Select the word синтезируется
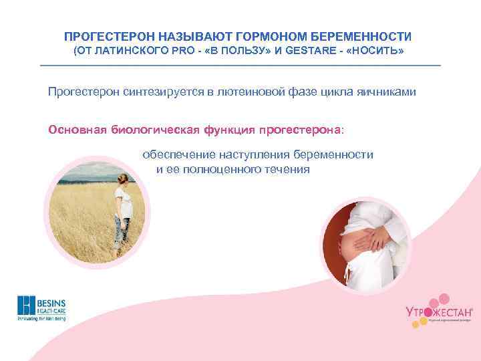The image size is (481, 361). pos(162,92)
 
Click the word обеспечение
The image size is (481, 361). pos(176,154)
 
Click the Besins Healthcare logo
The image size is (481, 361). pos(41,308)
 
